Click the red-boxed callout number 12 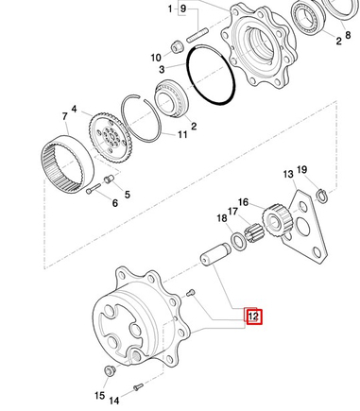pyautogui.click(x=253, y=316)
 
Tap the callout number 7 pyautogui.click(x=65, y=116)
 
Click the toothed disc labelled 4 pyautogui.click(x=111, y=137)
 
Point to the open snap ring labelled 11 pyautogui.click(x=142, y=118)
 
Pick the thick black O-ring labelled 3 pyautogui.click(x=211, y=75)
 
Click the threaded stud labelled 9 pyautogui.click(x=197, y=35)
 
